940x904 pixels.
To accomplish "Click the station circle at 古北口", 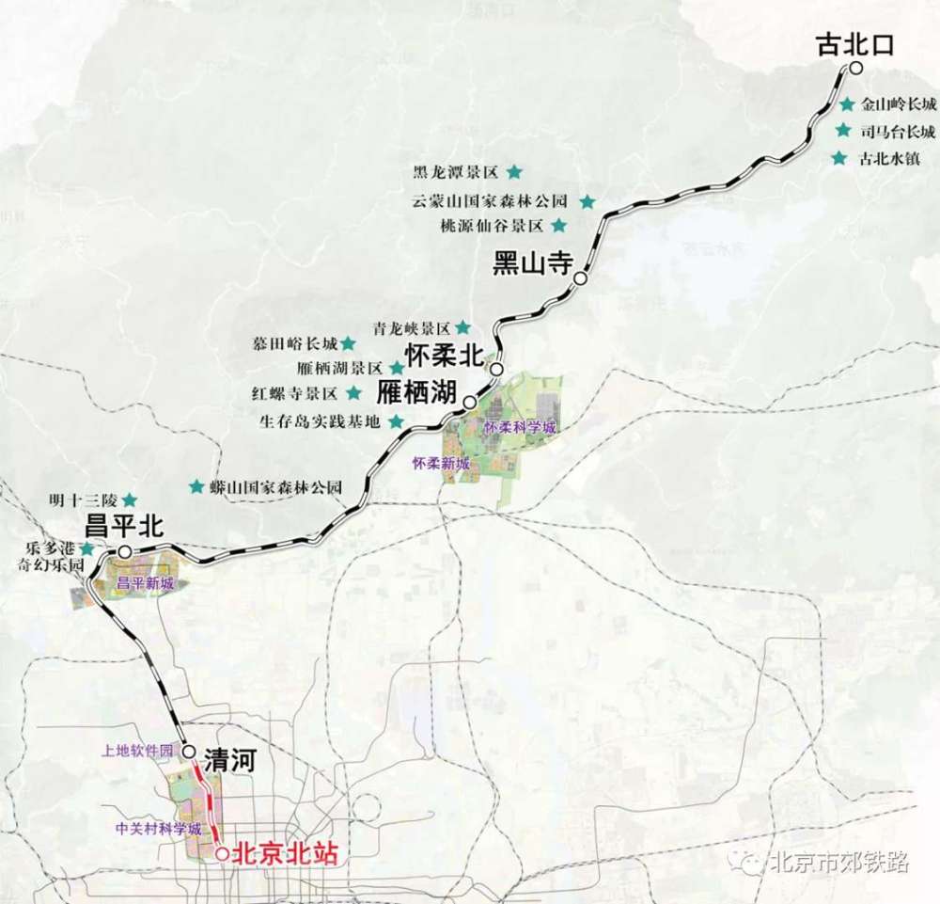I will coord(855,68).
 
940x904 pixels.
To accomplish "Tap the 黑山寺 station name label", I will coord(533,262).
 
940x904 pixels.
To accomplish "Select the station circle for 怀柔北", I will coord(495,370).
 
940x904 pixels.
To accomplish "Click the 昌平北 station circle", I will coord(123,551).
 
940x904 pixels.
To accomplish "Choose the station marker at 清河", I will coord(189,752).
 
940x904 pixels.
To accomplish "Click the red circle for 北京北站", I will coord(222,854).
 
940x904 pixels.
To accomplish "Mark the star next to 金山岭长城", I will coord(848,104).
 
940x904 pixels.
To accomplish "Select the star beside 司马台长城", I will coord(842,131).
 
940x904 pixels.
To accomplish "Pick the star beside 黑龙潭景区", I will coord(514,172).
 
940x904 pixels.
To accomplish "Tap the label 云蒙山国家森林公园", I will coord(490,200).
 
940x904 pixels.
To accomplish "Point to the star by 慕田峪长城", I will coord(347,342).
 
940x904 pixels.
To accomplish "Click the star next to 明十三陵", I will coord(130,500).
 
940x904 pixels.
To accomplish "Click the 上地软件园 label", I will coord(139,752).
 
